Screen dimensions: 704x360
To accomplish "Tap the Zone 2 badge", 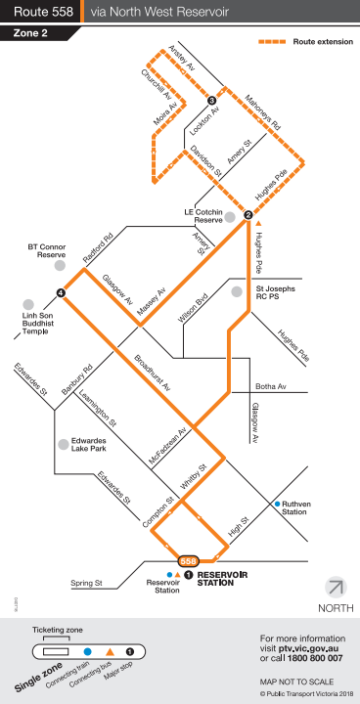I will pyautogui.click(x=32, y=32).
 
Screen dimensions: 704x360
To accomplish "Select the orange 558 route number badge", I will pyautogui.click(x=189, y=560).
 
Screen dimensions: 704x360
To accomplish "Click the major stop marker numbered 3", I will pyautogui.click(x=211, y=101).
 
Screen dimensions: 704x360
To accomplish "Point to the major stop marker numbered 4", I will pyautogui.click(x=61, y=292).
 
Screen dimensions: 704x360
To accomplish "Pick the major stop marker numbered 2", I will pyautogui.click(x=247, y=216).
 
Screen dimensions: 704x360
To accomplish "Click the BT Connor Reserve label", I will pyautogui.click(x=46, y=252).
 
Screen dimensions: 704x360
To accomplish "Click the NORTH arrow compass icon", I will pyautogui.click(x=336, y=588).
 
